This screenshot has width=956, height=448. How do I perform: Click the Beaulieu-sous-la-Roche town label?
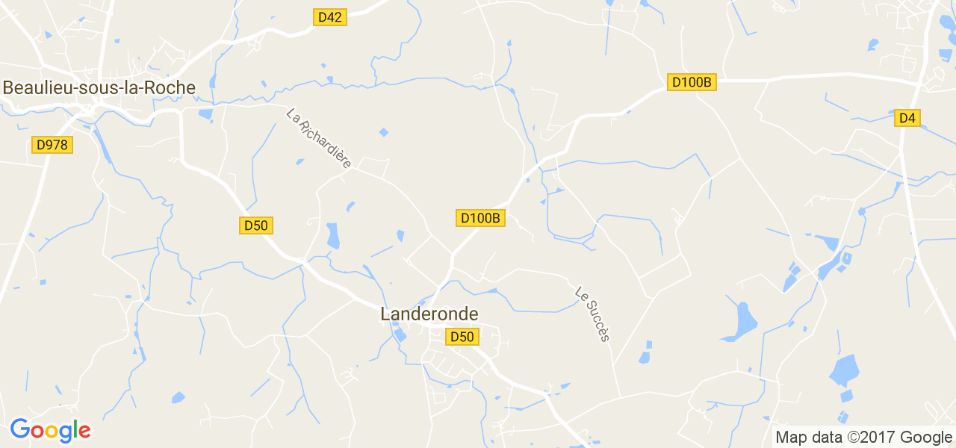[x=99, y=88]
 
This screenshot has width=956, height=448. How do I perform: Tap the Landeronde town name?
[x=429, y=314]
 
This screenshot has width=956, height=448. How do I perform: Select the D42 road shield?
[x=329, y=17]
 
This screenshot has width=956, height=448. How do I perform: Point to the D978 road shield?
[x=52, y=145]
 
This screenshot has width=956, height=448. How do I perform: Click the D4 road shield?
[x=907, y=118]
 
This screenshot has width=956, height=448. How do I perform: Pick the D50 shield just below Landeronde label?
[x=462, y=337]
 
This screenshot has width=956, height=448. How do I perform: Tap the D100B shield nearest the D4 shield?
[x=692, y=82]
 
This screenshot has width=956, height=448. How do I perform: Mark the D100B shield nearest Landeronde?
[x=481, y=218]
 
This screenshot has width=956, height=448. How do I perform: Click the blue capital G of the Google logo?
[x=19, y=430]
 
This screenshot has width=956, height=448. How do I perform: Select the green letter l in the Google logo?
[x=75, y=429]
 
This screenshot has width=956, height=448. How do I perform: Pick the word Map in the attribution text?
[x=791, y=438]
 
